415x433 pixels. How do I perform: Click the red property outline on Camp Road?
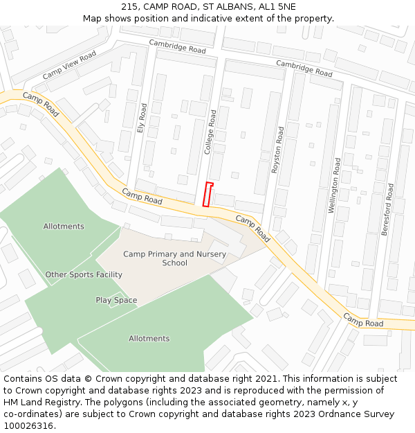(207, 194)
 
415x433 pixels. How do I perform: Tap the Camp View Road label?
(69, 65)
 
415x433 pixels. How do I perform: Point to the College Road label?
(212, 131)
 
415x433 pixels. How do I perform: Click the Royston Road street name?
(278, 149)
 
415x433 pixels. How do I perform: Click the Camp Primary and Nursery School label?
(174, 258)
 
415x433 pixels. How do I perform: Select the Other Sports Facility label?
(84, 274)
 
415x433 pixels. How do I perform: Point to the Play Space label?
(116, 300)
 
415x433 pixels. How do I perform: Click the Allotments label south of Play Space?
(149, 339)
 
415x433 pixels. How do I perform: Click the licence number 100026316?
(29, 426)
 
